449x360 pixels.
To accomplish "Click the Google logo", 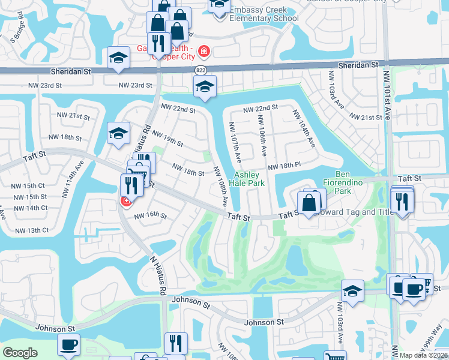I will [20, 353].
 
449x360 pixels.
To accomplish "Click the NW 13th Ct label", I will [32, 230].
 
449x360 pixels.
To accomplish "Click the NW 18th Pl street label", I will [284, 166].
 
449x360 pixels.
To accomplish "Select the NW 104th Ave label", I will [304, 129].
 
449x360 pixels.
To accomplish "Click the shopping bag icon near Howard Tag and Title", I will [309, 204].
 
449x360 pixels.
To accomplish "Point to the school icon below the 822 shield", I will [205, 88].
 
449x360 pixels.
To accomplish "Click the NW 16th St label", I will [150, 215].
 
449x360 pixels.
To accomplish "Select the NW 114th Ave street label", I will [78, 175].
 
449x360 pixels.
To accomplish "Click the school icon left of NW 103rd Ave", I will [352, 292].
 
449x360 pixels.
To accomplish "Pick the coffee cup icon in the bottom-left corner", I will [68, 345].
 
